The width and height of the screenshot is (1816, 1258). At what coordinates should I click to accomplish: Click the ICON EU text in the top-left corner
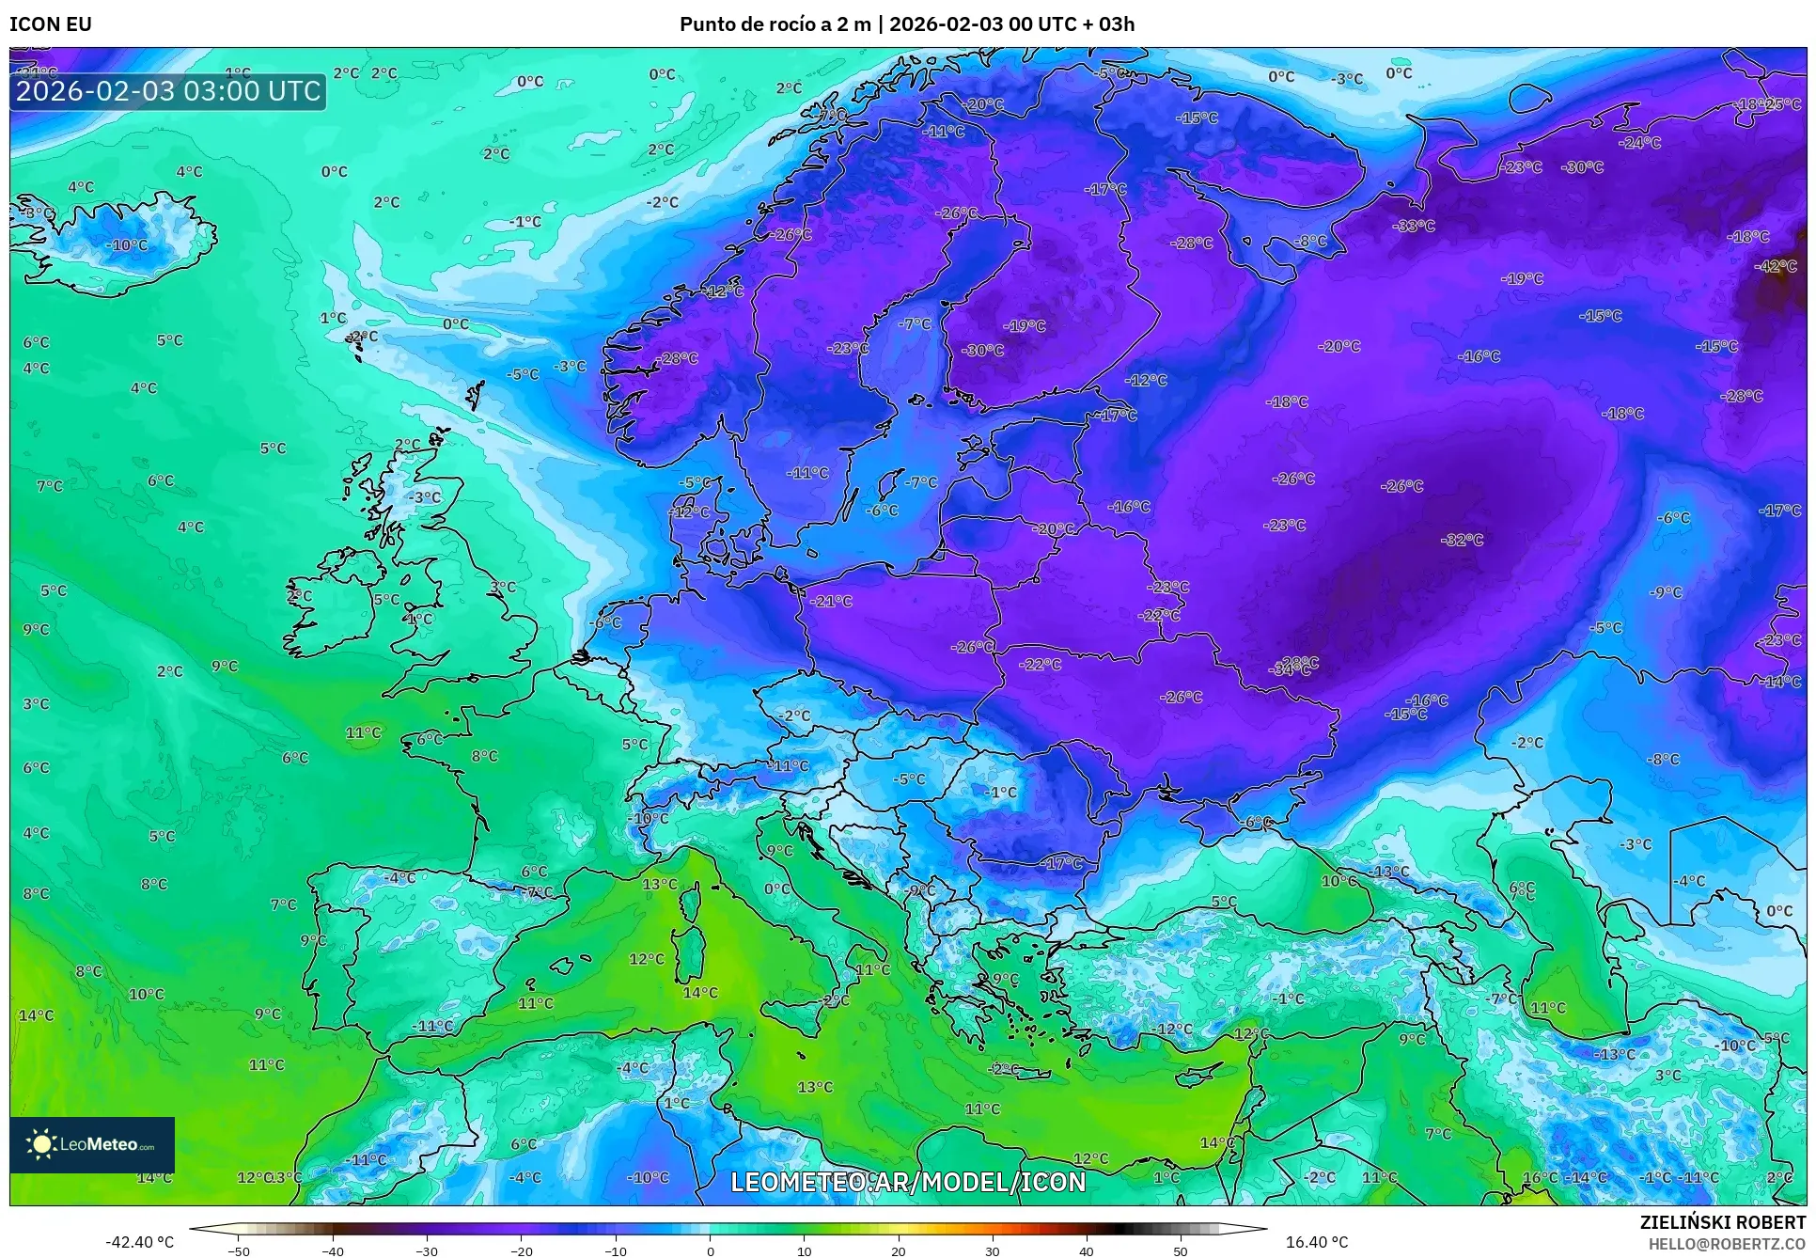(x=51, y=24)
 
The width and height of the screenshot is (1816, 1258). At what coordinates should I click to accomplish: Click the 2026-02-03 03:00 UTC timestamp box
(x=168, y=91)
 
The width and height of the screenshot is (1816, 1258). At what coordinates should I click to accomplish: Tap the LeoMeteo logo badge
(x=92, y=1144)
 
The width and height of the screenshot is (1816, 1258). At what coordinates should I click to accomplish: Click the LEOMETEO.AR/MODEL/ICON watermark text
(x=908, y=1182)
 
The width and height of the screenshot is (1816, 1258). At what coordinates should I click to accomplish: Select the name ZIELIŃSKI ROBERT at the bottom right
(x=1722, y=1222)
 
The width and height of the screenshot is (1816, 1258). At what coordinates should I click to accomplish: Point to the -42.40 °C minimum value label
(x=139, y=1242)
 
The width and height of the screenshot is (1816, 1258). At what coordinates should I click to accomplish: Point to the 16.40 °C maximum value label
(x=1316, y=1242)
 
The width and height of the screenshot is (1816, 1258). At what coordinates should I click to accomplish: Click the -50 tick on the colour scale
(x=239, y=1250)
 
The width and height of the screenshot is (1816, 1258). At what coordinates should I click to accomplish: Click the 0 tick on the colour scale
(x=710, y=1250)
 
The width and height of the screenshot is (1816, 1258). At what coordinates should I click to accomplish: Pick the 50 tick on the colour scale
(x=1181, y=1250)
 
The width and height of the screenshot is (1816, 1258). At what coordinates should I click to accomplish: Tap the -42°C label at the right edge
(x=1776, y=266)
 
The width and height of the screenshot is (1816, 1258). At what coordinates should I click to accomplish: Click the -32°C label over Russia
(x=1462, y=540)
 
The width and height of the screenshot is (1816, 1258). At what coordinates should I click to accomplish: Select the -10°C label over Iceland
(x=129, y=245)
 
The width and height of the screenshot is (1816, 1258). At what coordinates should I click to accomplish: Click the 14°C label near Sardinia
(x=700, y=993)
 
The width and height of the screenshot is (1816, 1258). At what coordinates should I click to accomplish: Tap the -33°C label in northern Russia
(x=1414, y=226)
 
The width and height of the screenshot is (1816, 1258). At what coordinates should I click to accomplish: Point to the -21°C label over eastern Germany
(x=831, y=601)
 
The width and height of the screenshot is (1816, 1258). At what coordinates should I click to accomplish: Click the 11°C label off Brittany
(x=363, y=732)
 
